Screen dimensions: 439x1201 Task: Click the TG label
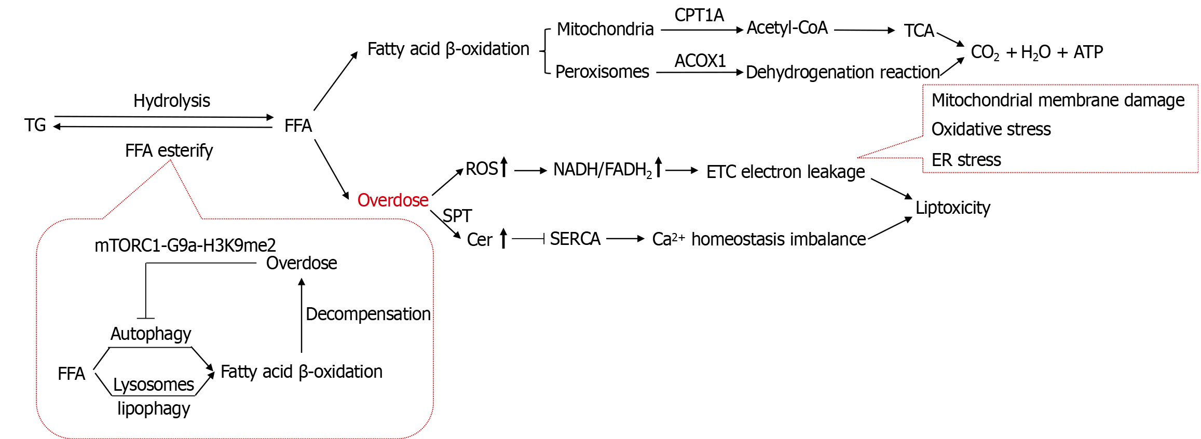35,125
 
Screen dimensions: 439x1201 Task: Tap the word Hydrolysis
171,101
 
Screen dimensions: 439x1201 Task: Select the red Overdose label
393,200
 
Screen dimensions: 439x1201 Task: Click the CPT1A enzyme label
699,16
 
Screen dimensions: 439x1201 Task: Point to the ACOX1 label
700,61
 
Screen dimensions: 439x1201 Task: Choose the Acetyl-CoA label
787,28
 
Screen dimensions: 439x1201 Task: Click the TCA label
919,31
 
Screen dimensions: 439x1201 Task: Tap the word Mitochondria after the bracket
605,29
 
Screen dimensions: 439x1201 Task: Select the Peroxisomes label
602,72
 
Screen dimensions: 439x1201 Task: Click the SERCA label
575,239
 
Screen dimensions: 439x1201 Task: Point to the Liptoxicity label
952,208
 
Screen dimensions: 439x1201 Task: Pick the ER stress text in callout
966,160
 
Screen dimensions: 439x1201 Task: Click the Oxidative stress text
991,129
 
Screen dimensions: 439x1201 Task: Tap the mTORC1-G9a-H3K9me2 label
185,245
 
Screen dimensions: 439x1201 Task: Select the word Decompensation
368,314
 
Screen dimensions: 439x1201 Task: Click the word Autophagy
151,334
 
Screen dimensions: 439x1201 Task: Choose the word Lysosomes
153,385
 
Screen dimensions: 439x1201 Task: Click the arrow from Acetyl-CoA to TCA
864,30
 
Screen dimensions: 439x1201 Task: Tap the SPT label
457,216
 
